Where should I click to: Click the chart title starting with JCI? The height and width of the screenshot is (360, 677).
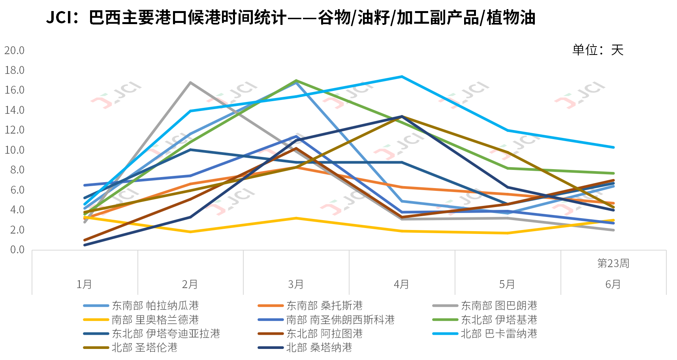291,18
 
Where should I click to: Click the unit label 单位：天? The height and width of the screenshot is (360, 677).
598,50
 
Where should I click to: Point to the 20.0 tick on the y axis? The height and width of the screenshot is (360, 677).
14,51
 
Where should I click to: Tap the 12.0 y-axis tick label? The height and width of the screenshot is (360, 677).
14,130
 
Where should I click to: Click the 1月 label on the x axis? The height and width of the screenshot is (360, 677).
84,284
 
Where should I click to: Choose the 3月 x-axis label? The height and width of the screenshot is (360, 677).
296,284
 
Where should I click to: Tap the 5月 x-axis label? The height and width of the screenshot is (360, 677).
507,284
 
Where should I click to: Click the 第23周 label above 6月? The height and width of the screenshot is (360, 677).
613,263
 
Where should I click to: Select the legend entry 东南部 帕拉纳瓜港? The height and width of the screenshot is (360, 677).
155,305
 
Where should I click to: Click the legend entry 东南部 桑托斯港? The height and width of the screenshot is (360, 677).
324,305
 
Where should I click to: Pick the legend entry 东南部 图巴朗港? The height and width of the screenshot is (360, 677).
499,305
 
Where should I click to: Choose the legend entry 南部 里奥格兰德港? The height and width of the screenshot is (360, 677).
155,320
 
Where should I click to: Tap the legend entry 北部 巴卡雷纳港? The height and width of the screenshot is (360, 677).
499,334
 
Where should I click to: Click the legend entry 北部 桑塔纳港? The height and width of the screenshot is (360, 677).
319,348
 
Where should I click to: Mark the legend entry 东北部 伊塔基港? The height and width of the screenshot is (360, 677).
499,320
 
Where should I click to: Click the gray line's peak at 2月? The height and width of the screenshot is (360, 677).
190,83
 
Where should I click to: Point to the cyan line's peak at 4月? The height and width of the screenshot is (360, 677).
402,77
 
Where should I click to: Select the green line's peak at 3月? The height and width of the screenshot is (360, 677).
296,81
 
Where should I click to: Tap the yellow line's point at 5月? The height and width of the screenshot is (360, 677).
507,233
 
